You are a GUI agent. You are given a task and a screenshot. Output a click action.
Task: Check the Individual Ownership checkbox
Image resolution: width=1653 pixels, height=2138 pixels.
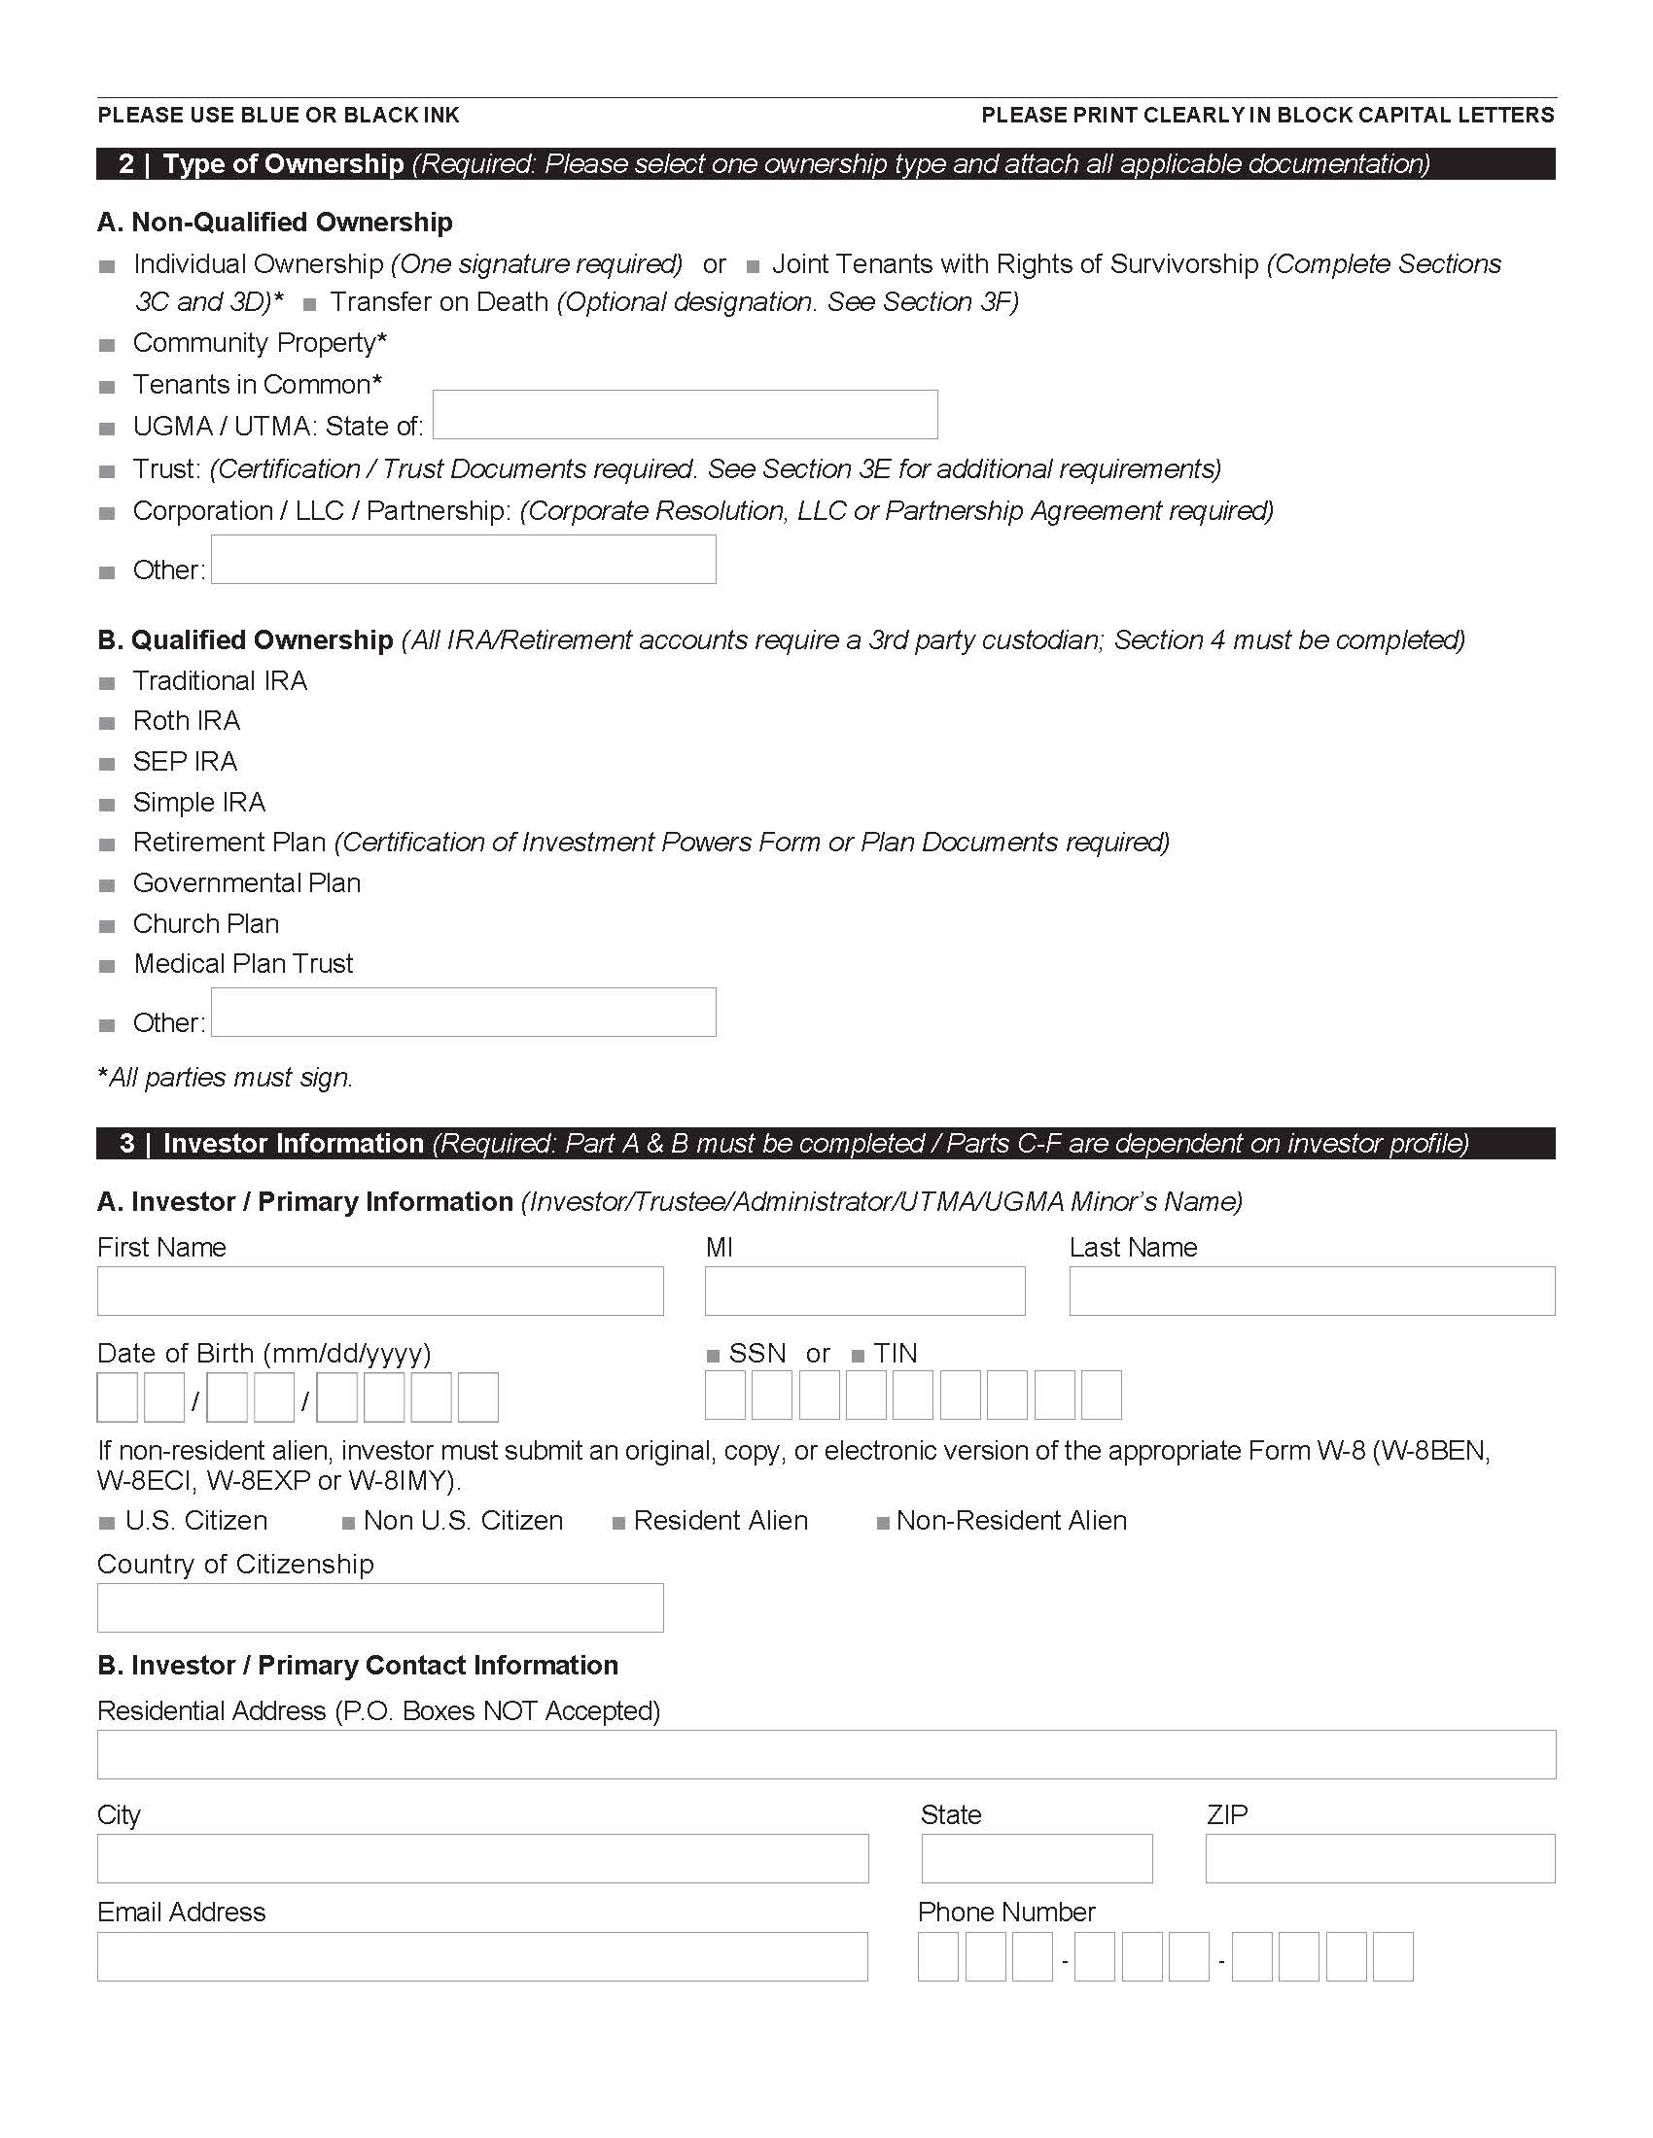pos(108,266)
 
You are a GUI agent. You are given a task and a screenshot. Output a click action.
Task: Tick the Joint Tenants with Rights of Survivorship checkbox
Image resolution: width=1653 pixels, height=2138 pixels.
pos(753,266)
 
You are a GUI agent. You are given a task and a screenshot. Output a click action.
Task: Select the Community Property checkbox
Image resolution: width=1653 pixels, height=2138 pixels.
pos(108,345)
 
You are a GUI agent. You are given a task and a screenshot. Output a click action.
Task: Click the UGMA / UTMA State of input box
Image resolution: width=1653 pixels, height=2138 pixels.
pos(685,414)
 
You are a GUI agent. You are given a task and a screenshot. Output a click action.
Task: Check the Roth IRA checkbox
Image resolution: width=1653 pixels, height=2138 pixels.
pos(108,723)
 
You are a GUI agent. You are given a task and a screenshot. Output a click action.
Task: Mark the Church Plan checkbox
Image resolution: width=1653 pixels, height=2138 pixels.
pos(108,926)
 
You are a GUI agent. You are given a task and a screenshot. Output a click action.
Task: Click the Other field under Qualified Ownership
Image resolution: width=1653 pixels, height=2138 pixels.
pos(463,1013)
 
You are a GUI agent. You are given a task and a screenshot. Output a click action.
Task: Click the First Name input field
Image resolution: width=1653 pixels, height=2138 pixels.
pos(380,1292)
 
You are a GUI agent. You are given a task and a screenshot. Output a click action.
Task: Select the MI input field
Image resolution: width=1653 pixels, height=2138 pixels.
pos(864,1292)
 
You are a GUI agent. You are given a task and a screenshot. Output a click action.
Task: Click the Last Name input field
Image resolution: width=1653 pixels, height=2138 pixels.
pos(1312,1292)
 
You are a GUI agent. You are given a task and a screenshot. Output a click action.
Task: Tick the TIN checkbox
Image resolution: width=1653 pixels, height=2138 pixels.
pos(858,1356)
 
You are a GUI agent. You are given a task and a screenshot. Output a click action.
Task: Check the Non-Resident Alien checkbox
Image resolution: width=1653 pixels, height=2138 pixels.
pos(882,1523)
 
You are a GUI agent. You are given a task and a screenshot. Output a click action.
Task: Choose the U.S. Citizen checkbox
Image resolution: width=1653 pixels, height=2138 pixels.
pos(108,1523)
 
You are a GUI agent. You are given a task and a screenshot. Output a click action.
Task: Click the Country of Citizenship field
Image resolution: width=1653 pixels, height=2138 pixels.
pos(380,1607)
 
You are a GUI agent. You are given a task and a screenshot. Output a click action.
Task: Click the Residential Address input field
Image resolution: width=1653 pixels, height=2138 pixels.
pos(826,1754)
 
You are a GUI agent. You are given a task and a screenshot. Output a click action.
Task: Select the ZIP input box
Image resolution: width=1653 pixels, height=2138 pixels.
pos(1380,1858)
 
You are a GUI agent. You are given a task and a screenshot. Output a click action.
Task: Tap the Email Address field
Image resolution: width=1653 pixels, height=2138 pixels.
pos(481,1956)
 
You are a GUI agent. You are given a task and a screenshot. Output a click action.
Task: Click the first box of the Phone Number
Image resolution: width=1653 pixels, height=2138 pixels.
pos(938,1956)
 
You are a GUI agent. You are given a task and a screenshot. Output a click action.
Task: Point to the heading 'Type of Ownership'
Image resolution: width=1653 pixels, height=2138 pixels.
pos(283,163)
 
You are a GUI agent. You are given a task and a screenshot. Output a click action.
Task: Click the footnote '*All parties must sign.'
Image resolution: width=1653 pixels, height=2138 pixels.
pos(226,1078)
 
